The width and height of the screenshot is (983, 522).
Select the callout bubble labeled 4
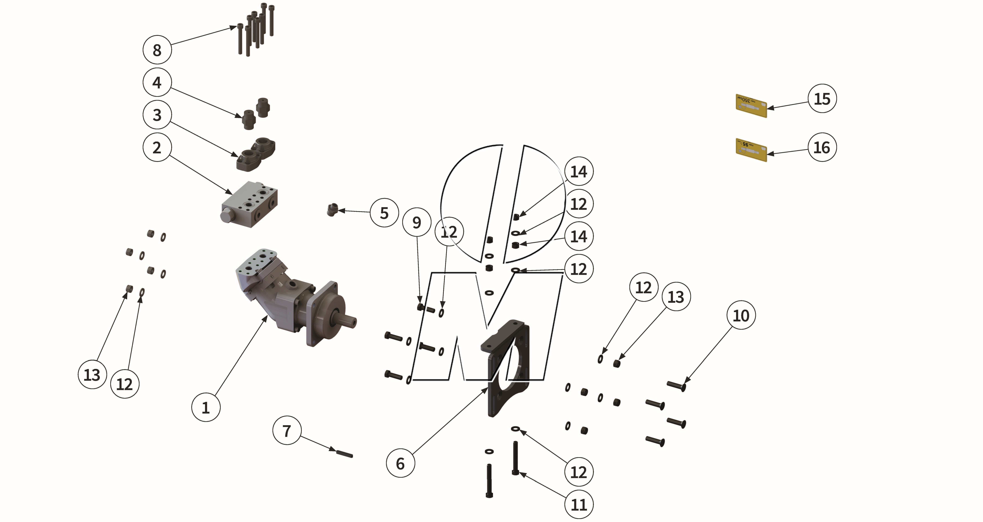[157, 82]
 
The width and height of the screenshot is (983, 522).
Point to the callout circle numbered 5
[384, 213]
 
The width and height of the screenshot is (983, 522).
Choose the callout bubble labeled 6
[400, 463]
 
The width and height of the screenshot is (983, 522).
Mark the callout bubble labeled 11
[579, 504]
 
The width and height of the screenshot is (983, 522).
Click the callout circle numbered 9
[417, 222]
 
